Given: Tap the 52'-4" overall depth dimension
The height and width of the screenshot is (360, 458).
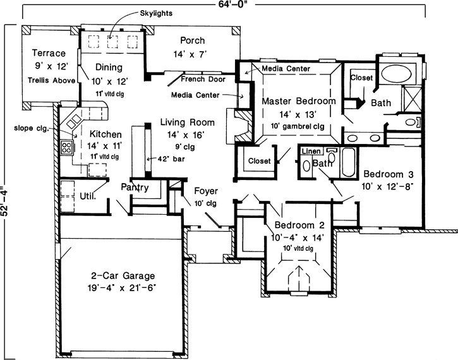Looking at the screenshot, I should pos(6,198).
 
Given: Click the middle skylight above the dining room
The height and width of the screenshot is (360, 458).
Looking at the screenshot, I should pos(114,42).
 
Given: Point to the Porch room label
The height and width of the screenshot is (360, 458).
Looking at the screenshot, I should pos(193,40).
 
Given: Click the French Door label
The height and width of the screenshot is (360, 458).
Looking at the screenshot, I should pos(200,80).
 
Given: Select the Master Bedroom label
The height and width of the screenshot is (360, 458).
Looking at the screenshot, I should pos(298,101).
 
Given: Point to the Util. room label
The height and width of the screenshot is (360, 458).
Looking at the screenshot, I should pos(87,196).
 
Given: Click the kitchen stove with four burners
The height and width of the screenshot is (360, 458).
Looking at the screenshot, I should pos(67,148).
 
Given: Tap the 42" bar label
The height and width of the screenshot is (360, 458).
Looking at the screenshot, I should pos(169,160).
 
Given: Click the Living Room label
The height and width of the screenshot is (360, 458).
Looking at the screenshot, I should pos(187,123).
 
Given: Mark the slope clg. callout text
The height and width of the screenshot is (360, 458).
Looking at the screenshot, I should pos(28,128).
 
